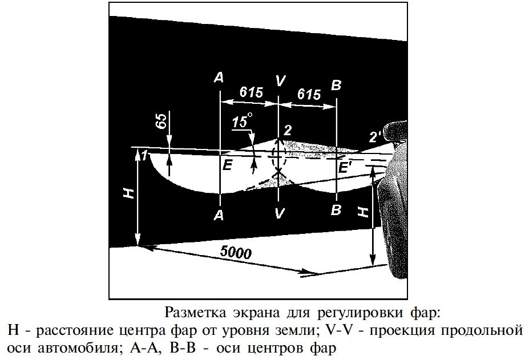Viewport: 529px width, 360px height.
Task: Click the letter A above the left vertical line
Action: pos(219,78)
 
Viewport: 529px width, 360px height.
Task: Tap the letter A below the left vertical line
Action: pos(219,215)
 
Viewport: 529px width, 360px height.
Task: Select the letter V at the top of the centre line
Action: pos(279,81)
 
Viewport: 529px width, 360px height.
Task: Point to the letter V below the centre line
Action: pos(278,214)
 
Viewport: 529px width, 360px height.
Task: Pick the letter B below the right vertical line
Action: pos(336,209)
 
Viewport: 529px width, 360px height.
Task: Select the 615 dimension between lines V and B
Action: pos(309,94)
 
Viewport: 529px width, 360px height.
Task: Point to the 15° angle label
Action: pos(242,121)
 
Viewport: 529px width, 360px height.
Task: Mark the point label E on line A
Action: pos(228,166)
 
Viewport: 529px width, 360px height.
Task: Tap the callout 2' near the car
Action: pos(375,137)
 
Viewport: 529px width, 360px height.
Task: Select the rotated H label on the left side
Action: pos(128,192)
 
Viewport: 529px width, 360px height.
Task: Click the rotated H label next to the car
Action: pos(362,212)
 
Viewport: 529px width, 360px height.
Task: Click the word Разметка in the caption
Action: pos(191,312)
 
